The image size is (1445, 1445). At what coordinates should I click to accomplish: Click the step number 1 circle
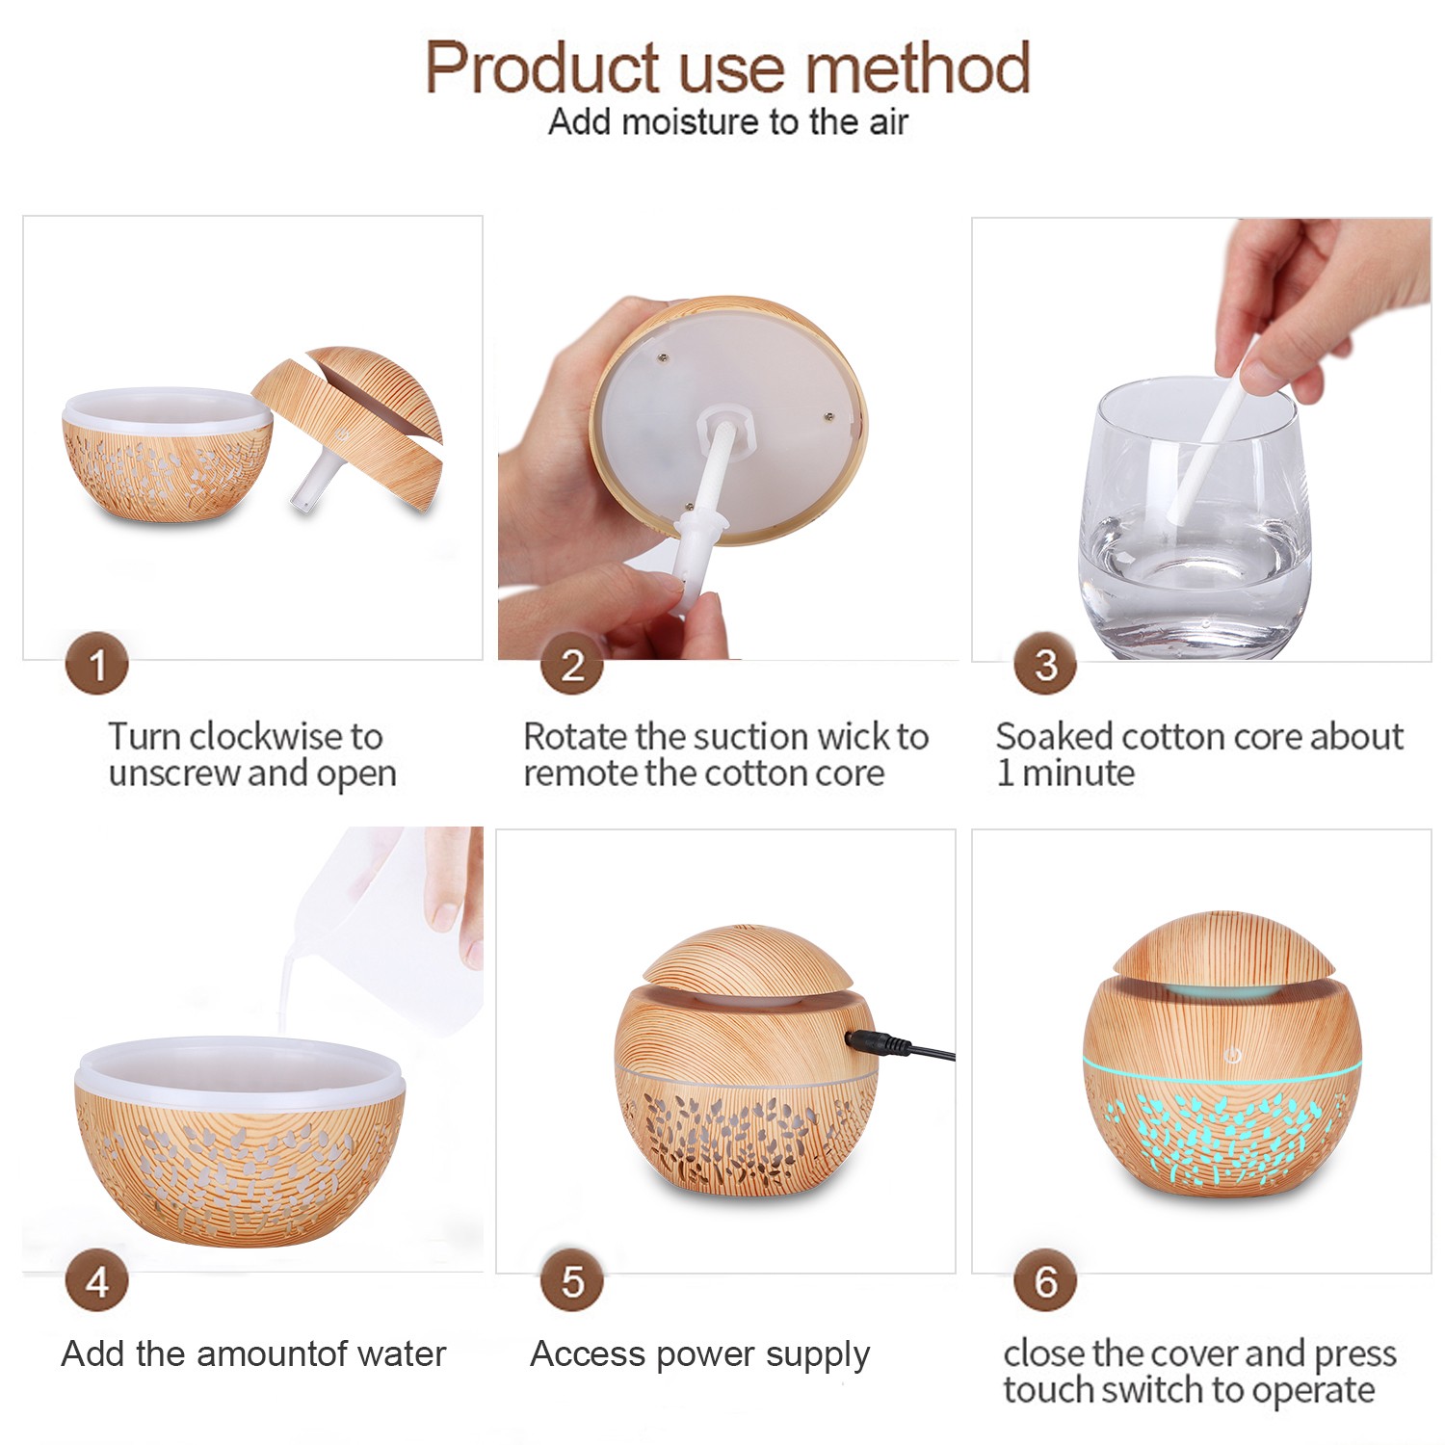coord(96,664)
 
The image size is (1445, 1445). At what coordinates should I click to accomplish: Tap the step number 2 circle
coord(572,664)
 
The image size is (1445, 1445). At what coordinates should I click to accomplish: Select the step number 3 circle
coord(1045,664)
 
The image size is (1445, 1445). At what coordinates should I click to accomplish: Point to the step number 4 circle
coord(96,1281)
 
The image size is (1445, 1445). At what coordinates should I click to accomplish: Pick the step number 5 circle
coord(572,1281)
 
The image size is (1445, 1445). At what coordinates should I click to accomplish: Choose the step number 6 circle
coord(1045,1281)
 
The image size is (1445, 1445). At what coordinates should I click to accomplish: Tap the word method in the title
coord(917,69)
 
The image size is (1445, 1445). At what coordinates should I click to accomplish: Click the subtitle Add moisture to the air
coord(728,122)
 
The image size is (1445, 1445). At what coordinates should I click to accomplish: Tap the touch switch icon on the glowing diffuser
coord(1231,1056)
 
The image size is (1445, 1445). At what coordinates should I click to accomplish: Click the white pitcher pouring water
coord(385,925)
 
